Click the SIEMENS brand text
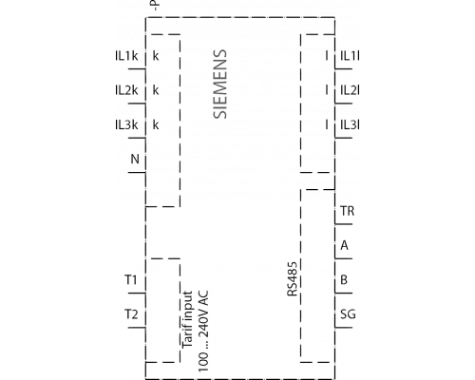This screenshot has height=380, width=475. [220, 85]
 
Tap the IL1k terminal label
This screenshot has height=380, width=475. [126, 56]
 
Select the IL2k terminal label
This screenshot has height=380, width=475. [126, 90]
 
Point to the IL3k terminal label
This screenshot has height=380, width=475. [126, 125]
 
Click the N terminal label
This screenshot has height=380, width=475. [135, 159]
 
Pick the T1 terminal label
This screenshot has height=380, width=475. [131, 280]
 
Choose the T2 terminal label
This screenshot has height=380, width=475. [131, 314]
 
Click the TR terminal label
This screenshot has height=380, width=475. [348, 211]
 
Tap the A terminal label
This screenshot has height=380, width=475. [345, 245]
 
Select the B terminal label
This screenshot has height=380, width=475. [344, 280]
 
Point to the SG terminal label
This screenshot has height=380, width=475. [348, 314]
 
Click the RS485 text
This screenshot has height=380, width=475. [293, 278]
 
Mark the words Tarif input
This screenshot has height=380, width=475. [187, 320]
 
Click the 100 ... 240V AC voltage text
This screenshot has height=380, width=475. [203, 332]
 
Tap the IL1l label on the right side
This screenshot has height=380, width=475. [350, 56]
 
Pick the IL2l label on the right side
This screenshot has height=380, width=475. [350, 90]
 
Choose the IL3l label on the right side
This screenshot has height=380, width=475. [350, 125]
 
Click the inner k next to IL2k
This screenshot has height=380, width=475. [156, 90]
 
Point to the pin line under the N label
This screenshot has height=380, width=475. [137, 173]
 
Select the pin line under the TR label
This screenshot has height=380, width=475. [344, 224]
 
